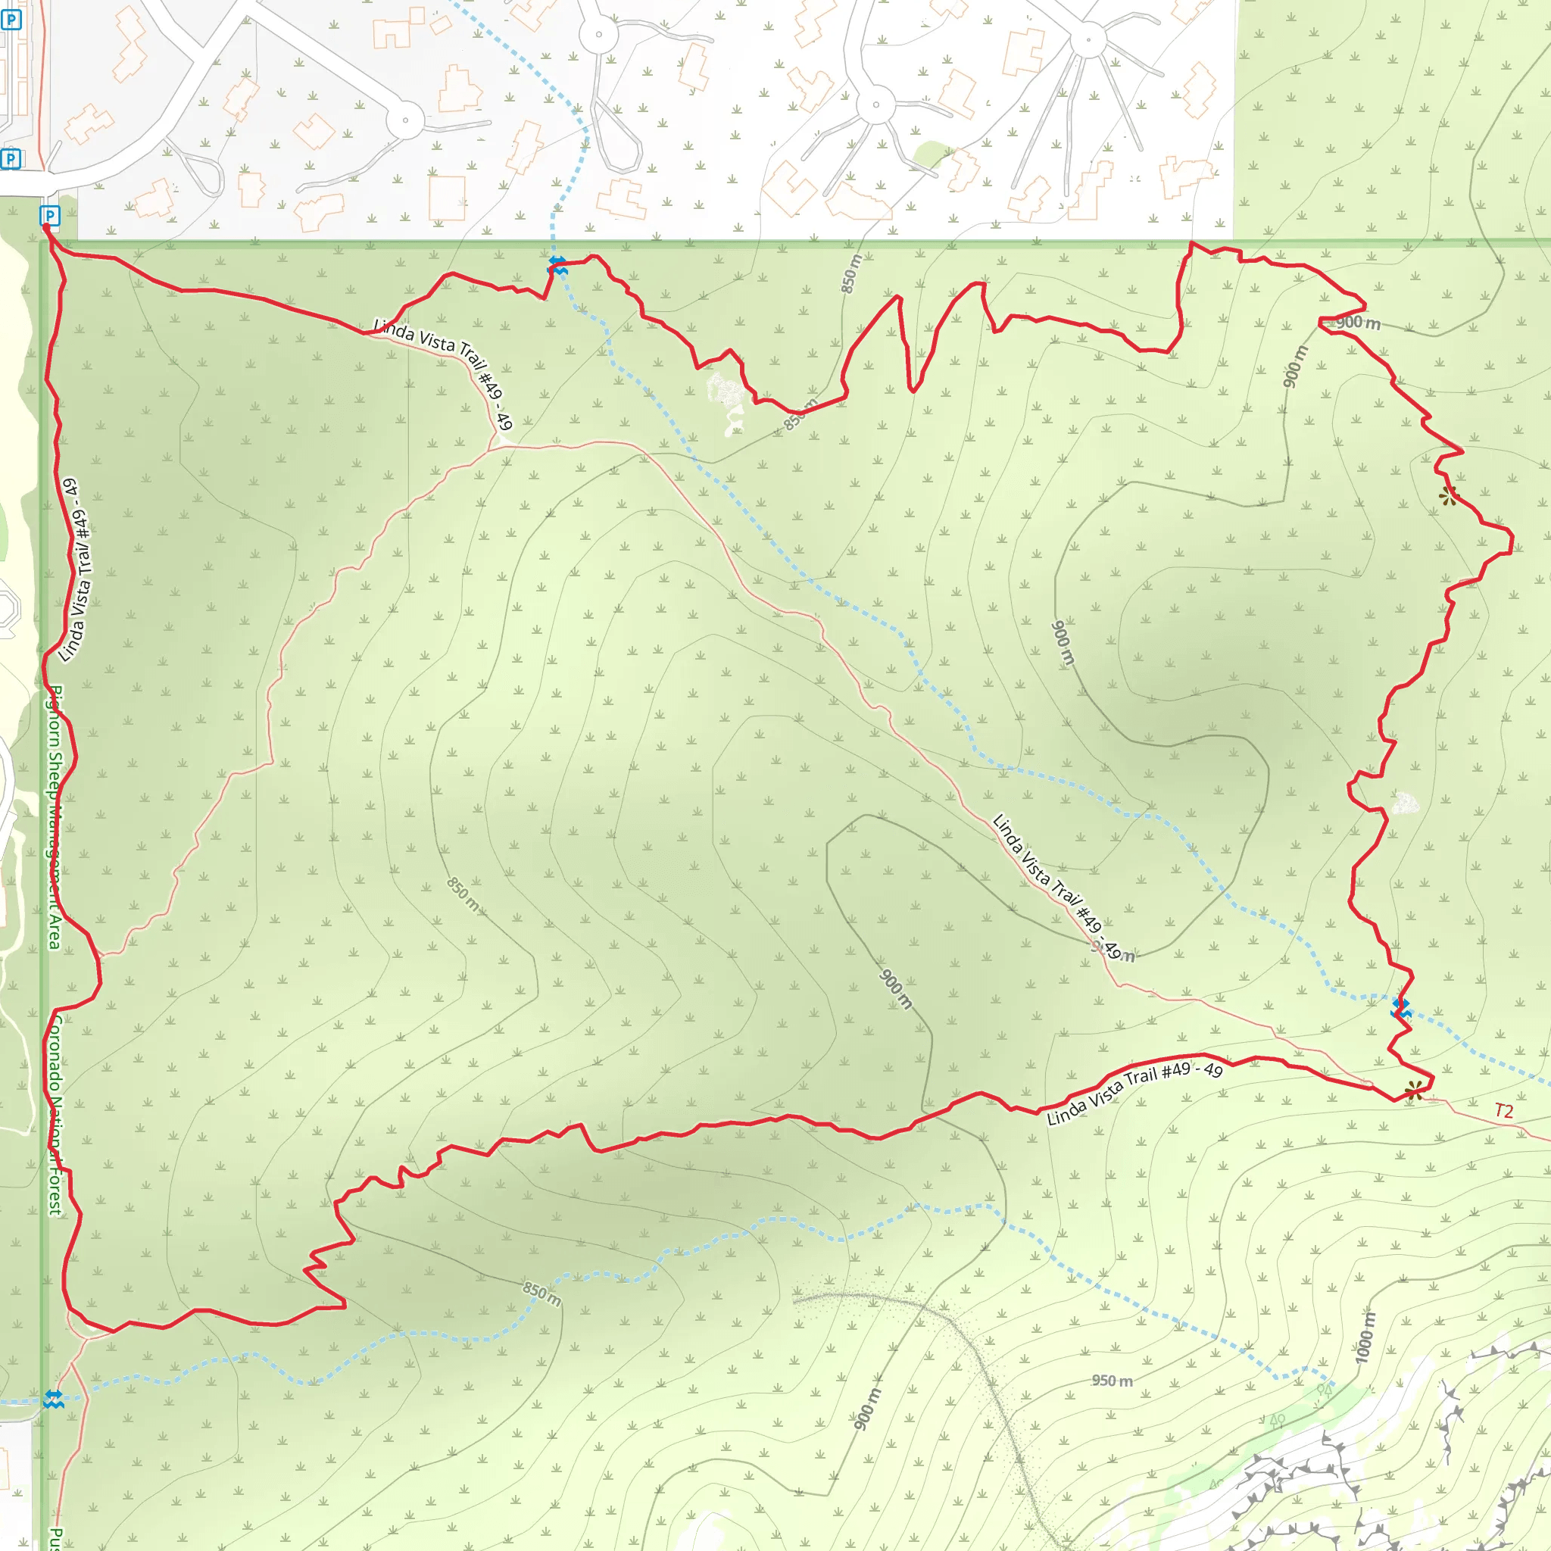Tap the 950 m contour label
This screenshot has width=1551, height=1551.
1112,1381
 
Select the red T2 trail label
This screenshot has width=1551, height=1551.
1503,1111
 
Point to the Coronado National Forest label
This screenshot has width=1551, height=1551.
54,1116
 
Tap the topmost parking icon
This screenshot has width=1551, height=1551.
11,19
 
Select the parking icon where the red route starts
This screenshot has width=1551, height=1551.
50,216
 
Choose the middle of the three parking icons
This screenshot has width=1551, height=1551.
11,159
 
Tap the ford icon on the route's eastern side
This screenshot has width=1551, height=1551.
1401,1008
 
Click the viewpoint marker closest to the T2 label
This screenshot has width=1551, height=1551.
1414,1091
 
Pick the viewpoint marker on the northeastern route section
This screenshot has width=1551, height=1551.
1448,495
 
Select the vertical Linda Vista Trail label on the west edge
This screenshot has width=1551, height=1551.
76,570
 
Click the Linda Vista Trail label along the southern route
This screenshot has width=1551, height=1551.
1134,1094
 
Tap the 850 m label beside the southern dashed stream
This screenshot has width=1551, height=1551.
542,1294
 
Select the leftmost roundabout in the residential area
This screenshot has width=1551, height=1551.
405,121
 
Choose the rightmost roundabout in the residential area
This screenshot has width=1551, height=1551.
1088,39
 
